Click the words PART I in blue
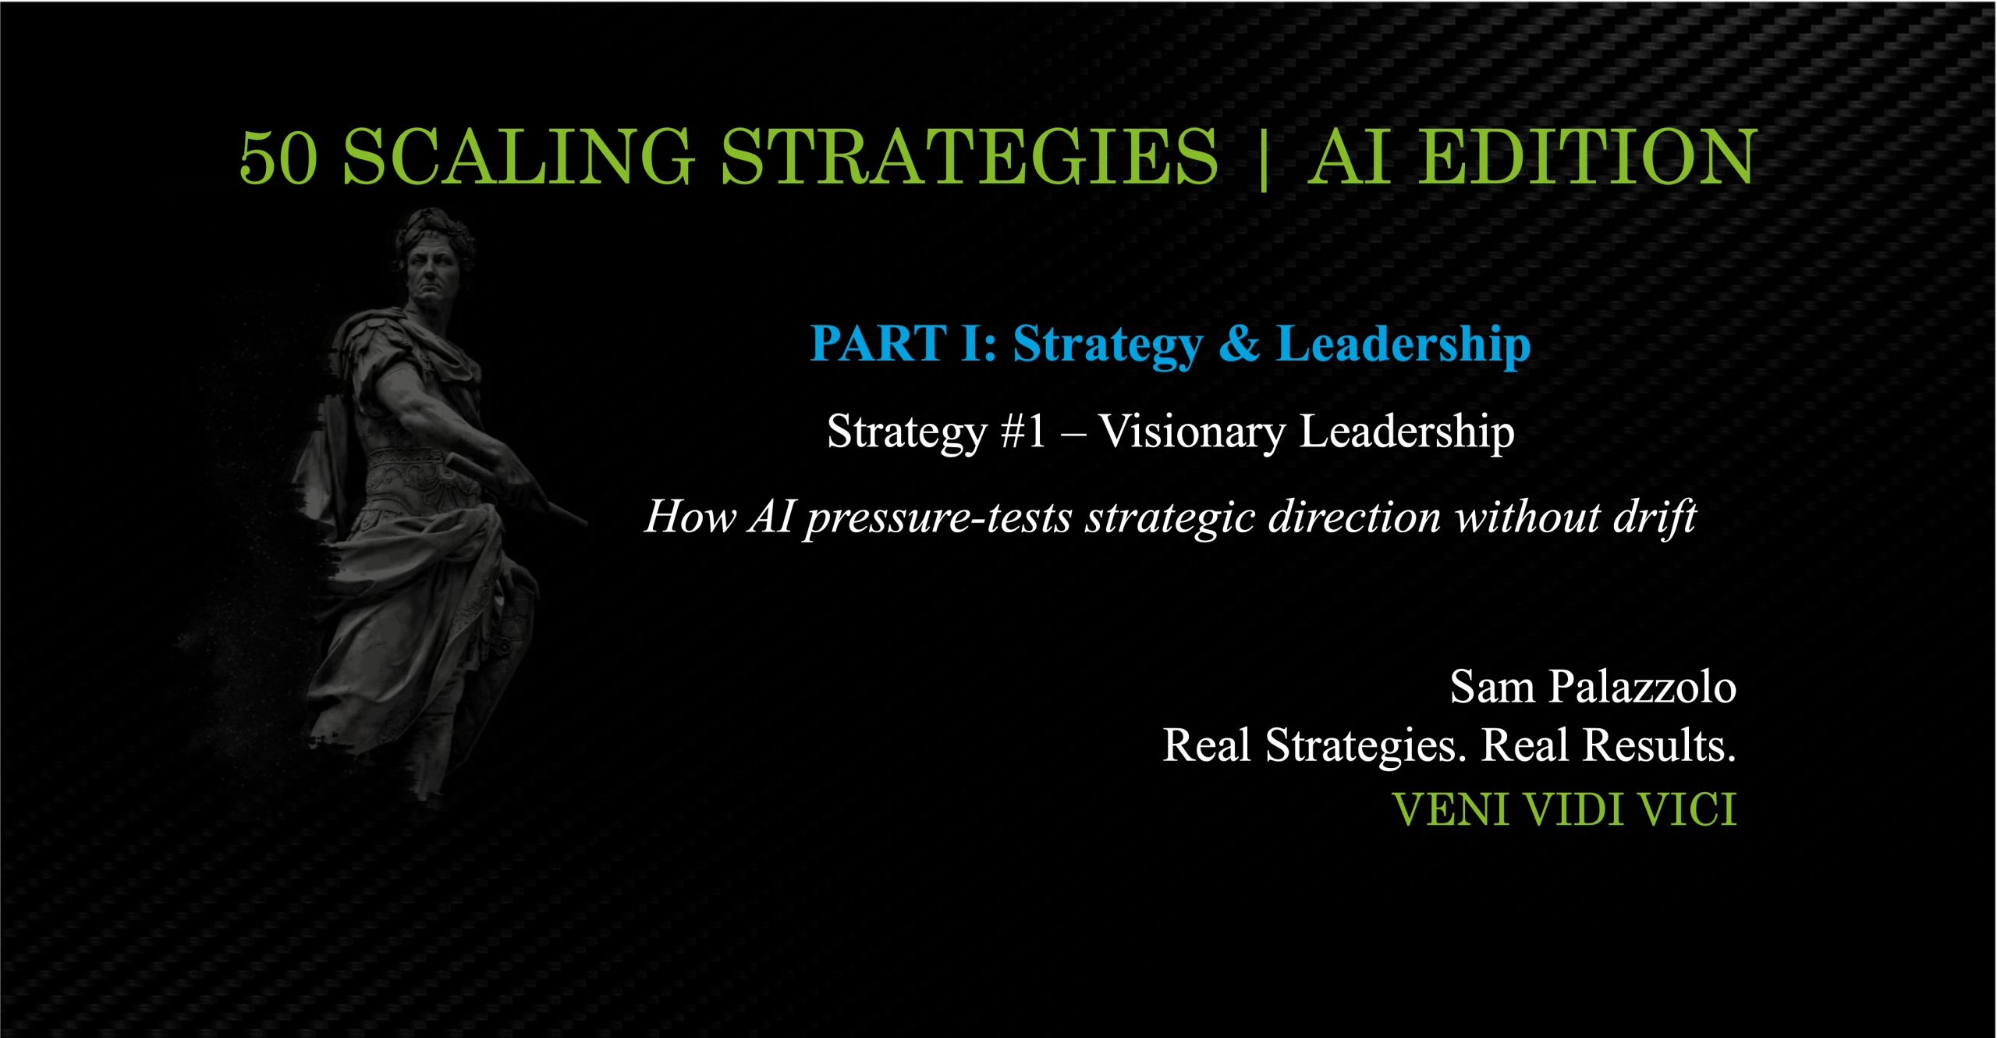pos(903,343)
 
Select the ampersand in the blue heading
pos(1239,343)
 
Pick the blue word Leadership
pos(1403,346)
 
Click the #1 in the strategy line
pos(1023,432)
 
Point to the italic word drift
pos(1655,517)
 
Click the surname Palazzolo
pos(1643,687)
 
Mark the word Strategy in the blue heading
pos(1108,346)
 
